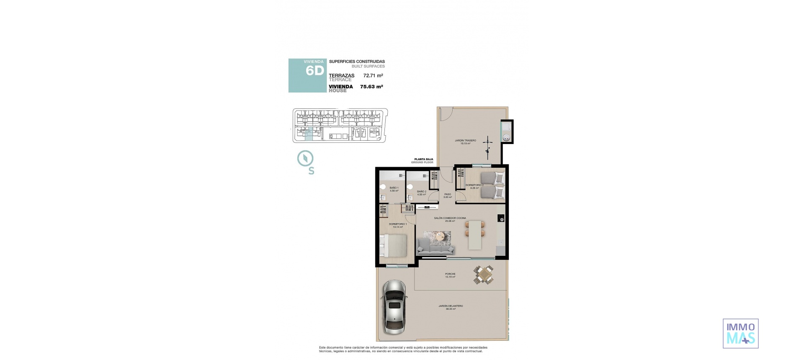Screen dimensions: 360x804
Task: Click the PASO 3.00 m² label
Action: [x=448, y=195]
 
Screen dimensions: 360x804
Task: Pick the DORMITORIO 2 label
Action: [x=474, y=186]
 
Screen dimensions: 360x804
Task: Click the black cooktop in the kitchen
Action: [x=501, y=218]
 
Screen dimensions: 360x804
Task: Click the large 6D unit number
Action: [x=314, y=71]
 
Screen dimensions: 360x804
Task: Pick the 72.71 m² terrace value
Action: [x=373, y=76]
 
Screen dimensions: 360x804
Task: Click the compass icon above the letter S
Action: [x=305, y=159]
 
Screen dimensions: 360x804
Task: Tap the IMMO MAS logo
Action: [x=740, y=333]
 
